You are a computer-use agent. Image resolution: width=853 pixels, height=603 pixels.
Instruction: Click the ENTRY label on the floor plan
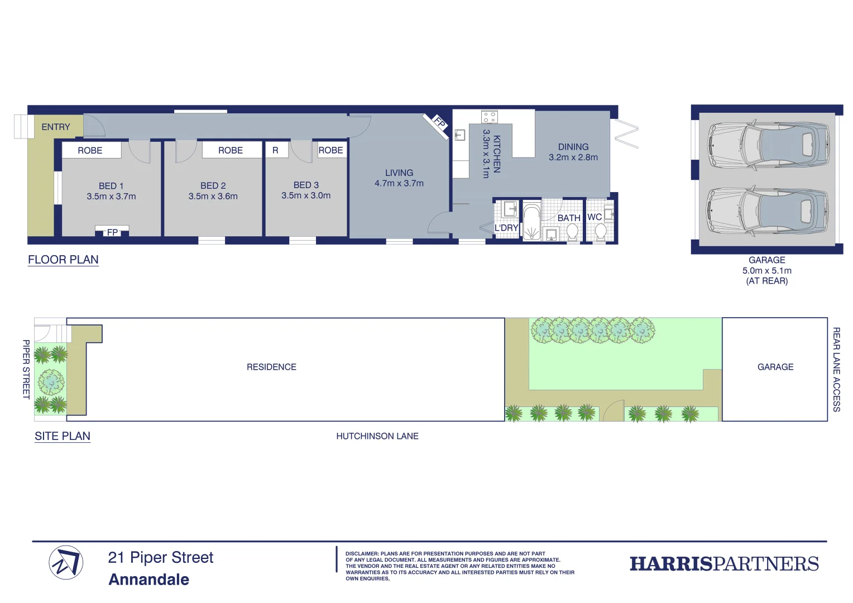click(56, 127)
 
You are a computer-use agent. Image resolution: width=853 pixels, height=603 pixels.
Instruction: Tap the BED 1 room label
click(111, 186)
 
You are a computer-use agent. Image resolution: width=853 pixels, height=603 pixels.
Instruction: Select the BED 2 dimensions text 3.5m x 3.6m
click(213, 197)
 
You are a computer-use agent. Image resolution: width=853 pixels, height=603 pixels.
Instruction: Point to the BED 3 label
click(306, 185)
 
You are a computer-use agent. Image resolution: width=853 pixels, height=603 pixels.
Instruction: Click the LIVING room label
click(399, 173)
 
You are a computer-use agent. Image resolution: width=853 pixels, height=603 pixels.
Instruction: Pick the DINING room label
click(573, 147)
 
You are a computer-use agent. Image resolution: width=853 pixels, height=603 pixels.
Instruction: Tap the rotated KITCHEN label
click(496, 154)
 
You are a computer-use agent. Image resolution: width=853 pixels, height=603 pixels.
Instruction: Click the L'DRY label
click(506, 228)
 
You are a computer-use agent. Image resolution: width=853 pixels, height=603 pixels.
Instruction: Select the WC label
click(595, 217)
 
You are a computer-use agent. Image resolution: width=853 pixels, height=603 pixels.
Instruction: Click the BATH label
click(569, 218)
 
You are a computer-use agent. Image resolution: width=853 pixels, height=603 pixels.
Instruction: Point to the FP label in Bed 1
click(112, 232)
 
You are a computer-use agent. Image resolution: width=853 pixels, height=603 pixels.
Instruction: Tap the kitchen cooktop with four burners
click(490, 117)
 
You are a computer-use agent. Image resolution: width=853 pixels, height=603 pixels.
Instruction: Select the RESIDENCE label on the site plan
click(271, 367)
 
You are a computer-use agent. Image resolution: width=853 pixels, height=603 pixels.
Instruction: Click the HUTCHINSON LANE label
click(377, 436)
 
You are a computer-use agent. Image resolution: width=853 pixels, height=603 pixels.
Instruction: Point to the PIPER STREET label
click(26, 369)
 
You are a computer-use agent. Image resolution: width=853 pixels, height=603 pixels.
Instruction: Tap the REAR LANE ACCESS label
click(836, 370)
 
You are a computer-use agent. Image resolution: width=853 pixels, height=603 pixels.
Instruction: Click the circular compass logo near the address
click(66, 562)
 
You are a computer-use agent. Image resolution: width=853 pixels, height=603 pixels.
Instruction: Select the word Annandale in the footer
click(149, 580)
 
